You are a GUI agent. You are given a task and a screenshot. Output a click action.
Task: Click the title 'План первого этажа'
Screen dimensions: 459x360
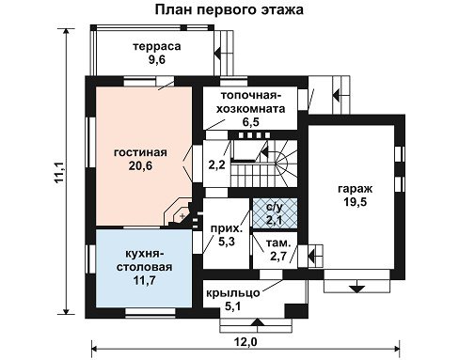tap(229, 9)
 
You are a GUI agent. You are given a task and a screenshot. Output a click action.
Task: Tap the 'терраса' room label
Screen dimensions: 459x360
tap(157, 46)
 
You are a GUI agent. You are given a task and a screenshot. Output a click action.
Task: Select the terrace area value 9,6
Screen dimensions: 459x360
tap(157, 59)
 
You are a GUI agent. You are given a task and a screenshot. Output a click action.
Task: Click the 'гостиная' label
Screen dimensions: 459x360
tap(140, 152)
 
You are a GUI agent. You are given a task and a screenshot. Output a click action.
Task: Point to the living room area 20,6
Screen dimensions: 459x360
tap(140, 165)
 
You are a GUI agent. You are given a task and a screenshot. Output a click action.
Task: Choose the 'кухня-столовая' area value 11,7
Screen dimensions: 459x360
tap(145, 280)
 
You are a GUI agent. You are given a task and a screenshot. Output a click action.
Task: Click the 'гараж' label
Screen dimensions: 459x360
tap(356, 189)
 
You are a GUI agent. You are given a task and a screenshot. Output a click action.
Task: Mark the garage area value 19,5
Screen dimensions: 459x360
tap(356, 202)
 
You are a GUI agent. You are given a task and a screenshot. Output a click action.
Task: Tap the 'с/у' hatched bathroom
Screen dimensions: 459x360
tap(275, 212)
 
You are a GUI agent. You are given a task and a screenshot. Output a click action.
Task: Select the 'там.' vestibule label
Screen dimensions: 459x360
tap(278, 243)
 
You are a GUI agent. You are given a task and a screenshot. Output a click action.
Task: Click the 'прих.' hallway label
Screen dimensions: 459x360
tap(227, 228)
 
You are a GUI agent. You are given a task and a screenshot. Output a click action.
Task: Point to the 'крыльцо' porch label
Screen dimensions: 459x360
tap(233, 293)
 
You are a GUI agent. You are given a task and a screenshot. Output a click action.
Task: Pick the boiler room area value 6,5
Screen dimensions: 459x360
tap(251, 121)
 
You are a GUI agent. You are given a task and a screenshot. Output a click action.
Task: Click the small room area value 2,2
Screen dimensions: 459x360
tap(217, 164)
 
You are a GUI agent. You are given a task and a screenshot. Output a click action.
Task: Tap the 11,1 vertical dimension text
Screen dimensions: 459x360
tap(59, 172)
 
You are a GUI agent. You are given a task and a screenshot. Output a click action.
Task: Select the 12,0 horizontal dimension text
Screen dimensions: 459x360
tap(245, 342)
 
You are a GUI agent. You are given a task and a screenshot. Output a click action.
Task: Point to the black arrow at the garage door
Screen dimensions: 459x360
tap(356, 289)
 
